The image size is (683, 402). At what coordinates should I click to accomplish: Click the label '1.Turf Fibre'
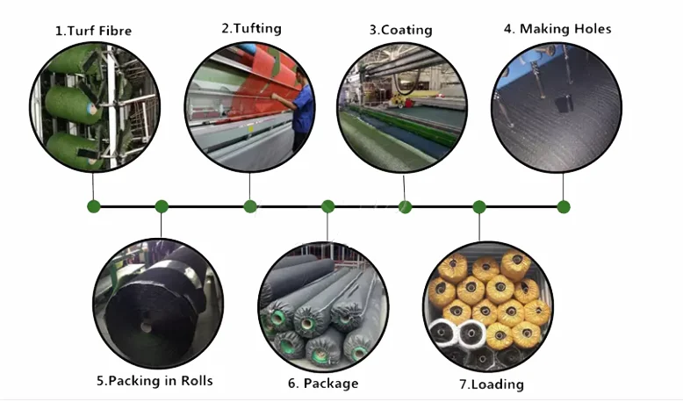(x=94, y=31)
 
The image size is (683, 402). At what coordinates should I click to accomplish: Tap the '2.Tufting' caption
(x=251, y=28)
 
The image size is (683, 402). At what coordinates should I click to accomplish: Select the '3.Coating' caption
(x=400, y=30)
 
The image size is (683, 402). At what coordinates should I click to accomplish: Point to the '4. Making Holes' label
(x=557, y=29)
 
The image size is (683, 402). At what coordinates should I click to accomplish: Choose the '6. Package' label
(x=323, y=384)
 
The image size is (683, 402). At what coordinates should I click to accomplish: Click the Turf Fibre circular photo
(x=93, y=105)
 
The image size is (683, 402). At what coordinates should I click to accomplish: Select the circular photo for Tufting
(x=249, y=105)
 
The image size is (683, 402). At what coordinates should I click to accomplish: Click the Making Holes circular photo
(x=557, y=105)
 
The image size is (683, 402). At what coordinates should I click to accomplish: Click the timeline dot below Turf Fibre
(x=94, y=207)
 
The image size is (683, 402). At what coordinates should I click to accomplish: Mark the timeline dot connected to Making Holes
(x=564, y=207)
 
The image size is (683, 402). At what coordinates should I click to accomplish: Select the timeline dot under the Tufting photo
(x=250, y=207)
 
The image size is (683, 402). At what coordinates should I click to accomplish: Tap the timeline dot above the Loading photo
(x=479, y=207)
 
